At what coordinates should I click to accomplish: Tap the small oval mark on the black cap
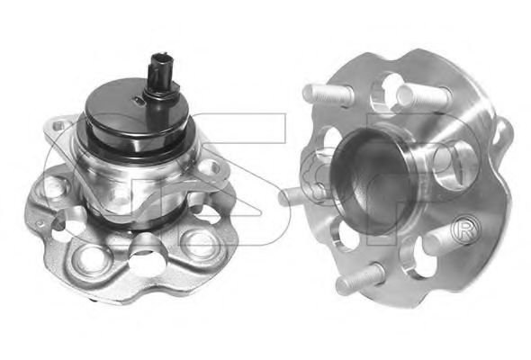click(x=139, y=100)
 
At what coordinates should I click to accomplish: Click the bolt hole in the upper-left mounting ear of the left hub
click(x=58, y=126)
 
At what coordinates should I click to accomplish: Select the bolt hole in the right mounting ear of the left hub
click(x=213, y=167)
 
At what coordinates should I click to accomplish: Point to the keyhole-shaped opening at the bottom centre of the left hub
click(x=146, y=255)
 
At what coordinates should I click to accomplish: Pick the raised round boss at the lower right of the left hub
click(x=198, y=241)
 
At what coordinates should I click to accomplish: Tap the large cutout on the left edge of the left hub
click(x=67, y=222)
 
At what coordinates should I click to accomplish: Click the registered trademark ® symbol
click(x=465, y=227)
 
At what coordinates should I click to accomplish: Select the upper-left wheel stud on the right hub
click(x=328, y=93)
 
